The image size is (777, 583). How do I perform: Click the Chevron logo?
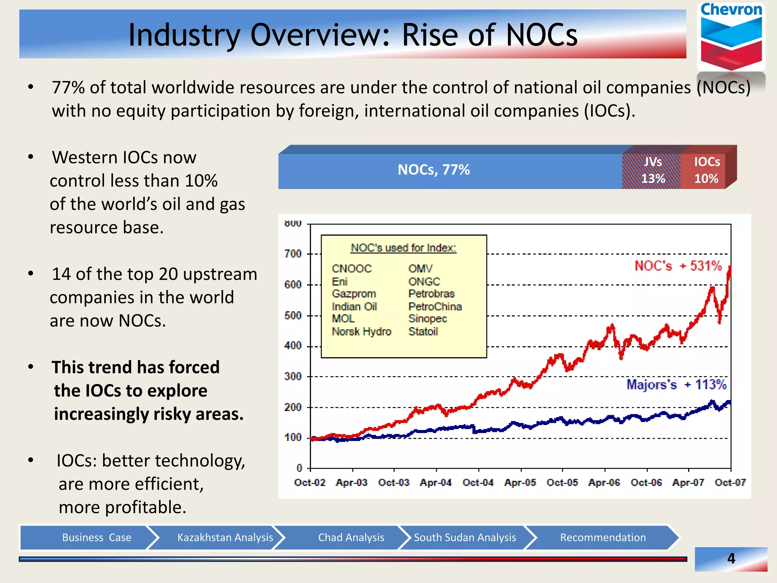point(731,38)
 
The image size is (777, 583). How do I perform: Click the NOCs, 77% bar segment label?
point(434,170)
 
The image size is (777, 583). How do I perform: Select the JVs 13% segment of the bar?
point(653,170)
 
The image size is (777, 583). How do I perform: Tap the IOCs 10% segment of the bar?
point(706,170)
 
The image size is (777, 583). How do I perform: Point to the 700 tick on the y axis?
point(293,254)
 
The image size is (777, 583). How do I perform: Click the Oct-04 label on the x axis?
point(478,482)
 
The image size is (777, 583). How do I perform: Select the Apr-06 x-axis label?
point(604,482)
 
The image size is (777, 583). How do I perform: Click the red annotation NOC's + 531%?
point(678,266)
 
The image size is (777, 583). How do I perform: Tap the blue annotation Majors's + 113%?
point(676,384)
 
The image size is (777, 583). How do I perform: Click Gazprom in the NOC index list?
point(354,294)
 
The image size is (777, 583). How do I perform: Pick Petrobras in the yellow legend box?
point(431,294)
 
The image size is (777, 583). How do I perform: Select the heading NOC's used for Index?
point(403,248)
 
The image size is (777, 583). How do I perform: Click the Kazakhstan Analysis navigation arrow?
point(225,537)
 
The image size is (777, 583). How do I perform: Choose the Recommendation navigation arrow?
point(603,537)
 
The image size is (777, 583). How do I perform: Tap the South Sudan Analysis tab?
point(465,537)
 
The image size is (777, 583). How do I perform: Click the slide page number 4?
point(731,558)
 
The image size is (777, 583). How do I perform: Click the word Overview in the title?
point(319,35)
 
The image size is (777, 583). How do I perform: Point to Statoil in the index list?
point(423,332)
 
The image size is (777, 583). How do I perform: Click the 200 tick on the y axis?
point(293,407)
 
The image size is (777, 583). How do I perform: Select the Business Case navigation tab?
point(96,537)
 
